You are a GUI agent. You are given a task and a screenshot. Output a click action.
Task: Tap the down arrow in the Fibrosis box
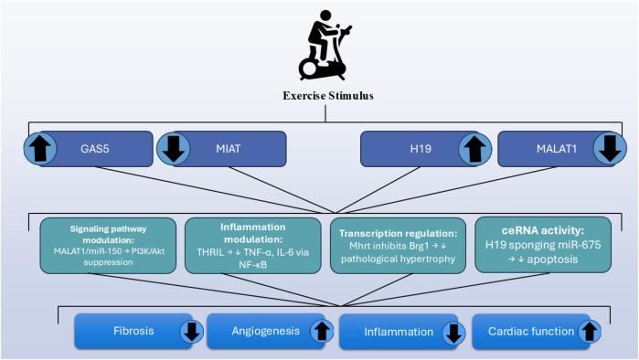tap(191, 332)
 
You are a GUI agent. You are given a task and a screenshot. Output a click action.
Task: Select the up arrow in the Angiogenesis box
tap(321, 332)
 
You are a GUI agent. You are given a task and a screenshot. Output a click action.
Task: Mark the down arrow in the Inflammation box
tap(452, 332)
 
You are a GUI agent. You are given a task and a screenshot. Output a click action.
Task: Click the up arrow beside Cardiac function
tap(591, 332)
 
